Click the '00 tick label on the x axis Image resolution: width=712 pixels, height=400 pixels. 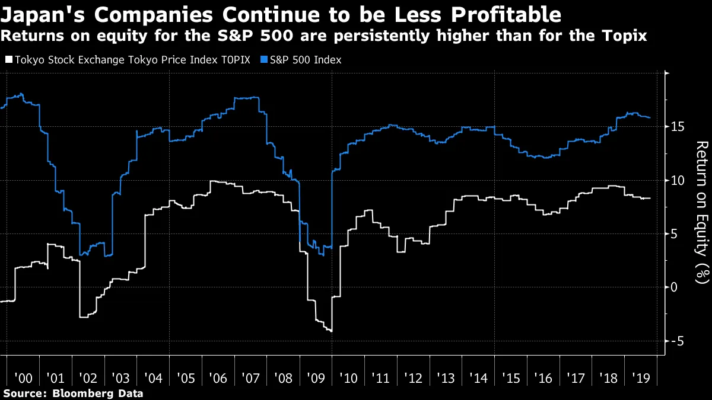coord(23,377)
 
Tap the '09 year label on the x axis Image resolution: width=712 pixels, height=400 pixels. coord(315,377)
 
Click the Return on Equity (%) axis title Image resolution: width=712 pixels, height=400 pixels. coord(702,210)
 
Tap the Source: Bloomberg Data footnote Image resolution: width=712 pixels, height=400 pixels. coord(73,393)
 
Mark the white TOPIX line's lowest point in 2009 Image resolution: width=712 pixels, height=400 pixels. coord(330,331)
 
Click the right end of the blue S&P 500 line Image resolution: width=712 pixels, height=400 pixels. coord(650,117)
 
